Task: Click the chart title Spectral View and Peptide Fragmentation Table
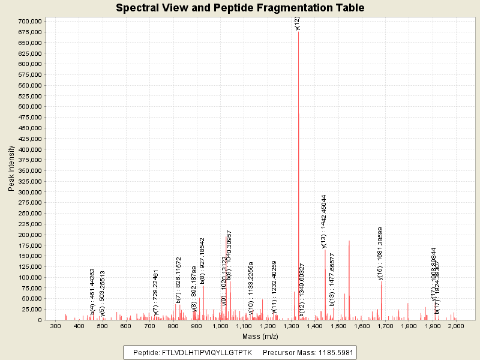240,8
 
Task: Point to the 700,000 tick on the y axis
29,22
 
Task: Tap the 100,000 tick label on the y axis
29,278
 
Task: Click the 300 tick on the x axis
55,326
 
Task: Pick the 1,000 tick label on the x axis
220,326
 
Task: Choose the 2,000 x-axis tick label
455,326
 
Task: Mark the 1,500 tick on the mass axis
338,326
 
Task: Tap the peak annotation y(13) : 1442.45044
324,221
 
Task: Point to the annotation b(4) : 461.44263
93,292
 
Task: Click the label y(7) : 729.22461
156,293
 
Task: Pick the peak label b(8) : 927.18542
203,260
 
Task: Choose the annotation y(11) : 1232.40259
274,287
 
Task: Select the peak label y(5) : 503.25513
103,293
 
